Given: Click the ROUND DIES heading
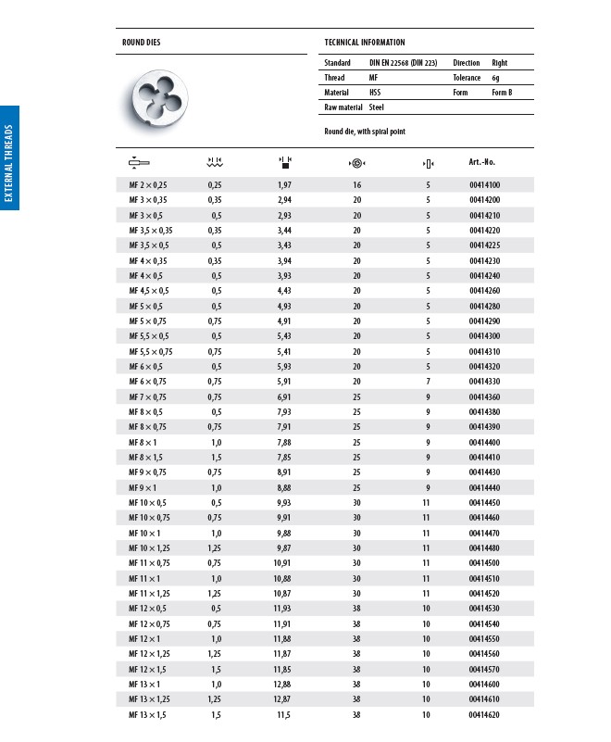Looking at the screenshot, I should tap(148, 43).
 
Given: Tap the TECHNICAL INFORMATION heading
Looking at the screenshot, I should tap(365, 43).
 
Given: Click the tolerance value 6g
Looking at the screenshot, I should tap(496, 78).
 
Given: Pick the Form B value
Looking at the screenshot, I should tap(501, 93).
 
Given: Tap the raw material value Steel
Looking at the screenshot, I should tap(376, 107).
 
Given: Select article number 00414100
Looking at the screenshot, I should tap(484, 185).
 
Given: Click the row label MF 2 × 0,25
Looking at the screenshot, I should tap(148, 185).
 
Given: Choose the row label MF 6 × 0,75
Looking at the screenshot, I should tap(147, 382).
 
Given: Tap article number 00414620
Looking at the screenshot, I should tap(484, 715).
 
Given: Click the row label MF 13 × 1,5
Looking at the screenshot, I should tap(147, 715).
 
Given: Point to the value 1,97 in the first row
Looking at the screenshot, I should tap(285, 185).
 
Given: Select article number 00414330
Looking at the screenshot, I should tap(484, 382).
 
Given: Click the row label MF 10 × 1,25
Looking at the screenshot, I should tap(149, 548).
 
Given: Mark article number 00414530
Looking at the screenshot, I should tap(484, 609).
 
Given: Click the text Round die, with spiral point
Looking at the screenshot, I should tap(365, 132).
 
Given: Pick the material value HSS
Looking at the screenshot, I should tap(375, 93).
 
